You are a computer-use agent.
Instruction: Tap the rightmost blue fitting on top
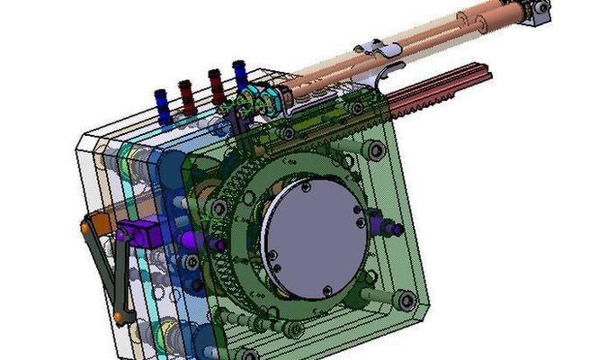(x=240, y=74)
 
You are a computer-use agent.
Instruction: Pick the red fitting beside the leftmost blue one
(x=186, y=94)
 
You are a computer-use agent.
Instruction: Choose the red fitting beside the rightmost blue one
(x=216, y=83)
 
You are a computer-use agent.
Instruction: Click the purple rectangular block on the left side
(x=142, y=236)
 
